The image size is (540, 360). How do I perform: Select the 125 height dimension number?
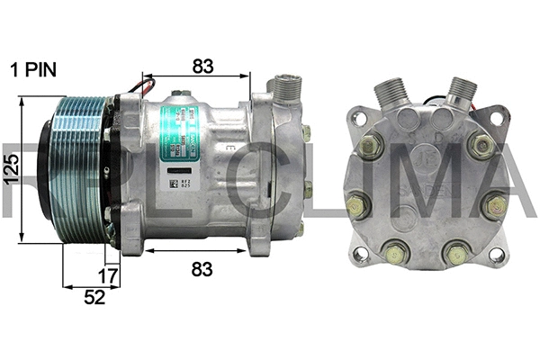click(x=11, y=168)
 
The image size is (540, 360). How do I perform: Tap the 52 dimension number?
click(x=93, y=297)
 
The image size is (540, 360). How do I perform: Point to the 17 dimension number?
click(x=108, y=276)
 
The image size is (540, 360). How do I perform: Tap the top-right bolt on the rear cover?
click(x=481, y=145)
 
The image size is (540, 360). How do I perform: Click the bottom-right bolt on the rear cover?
click(x=457, y=255)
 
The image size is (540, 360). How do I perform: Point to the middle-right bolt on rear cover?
click(x=494, y=206)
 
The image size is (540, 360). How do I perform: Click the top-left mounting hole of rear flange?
click(x=359, y=118)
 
